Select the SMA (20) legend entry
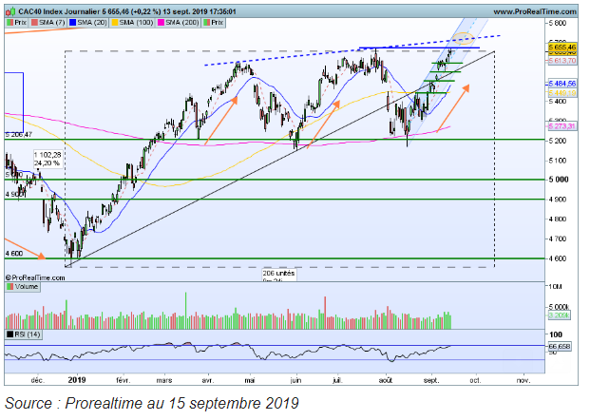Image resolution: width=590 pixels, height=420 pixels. point(92,20)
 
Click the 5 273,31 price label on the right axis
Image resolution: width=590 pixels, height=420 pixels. point(560,124)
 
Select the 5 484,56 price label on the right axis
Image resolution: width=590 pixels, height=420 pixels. point(560,83)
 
